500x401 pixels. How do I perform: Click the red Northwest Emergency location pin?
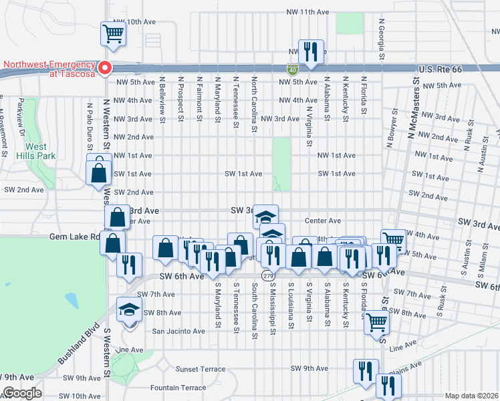click(105, 68)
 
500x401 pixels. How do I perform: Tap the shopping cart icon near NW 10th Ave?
click(113, 33)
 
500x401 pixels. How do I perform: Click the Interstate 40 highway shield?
click(293, 68)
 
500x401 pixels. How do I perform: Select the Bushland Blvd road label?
click(76, 345)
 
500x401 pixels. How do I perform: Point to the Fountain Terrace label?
click(178, 388)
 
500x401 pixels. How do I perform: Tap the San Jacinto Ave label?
click(179, 331)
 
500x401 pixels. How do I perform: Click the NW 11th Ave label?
click(307, 12)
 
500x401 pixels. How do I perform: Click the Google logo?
click(22, 393)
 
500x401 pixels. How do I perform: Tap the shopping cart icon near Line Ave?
click(377, 322)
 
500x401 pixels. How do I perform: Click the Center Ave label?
click(323, 221)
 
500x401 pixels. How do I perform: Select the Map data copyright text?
click(472, 396)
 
